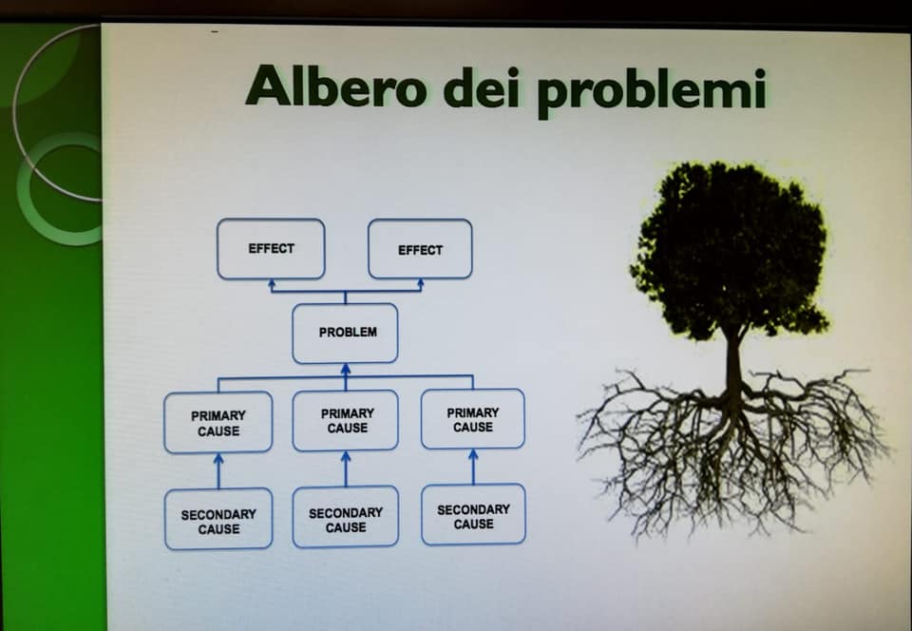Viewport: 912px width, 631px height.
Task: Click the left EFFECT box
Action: (x=271, y=249)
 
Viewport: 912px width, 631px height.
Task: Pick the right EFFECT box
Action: (x=420, y=249)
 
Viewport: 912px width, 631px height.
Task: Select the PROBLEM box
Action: (x=346, y=334)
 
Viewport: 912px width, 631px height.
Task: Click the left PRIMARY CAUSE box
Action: (x=218, y=423)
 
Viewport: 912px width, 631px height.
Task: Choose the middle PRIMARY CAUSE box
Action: (x=346, y=420)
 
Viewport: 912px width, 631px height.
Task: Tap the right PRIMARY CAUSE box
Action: (x=473, y=419)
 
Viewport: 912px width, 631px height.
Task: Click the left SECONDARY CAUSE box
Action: (x=218, y=519)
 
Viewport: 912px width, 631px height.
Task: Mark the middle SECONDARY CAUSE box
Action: (x=346, y=517)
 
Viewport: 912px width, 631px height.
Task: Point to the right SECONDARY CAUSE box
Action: (x=473, y=515)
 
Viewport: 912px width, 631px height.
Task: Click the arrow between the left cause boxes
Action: (x=218, y=471)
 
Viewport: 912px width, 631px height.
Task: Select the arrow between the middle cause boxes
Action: (x=346, y=468)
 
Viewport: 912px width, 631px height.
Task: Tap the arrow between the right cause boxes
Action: (x=473, y=467)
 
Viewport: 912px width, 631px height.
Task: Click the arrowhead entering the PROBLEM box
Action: (x=346, y=370)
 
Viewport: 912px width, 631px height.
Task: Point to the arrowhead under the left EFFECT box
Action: (x=271, y=284)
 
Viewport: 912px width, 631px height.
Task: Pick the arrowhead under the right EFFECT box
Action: (x=421, y=283)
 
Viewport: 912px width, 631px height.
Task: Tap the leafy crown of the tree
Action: (x=730, y=250)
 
